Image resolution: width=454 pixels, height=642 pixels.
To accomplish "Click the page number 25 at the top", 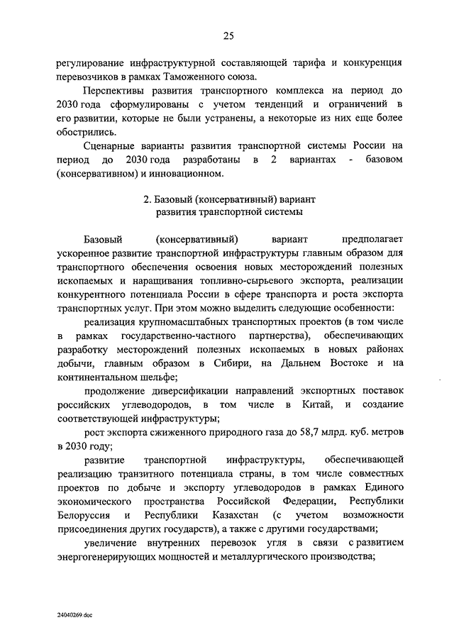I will point(228,36).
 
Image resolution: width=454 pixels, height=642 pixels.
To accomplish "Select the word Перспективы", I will point(115,92).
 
